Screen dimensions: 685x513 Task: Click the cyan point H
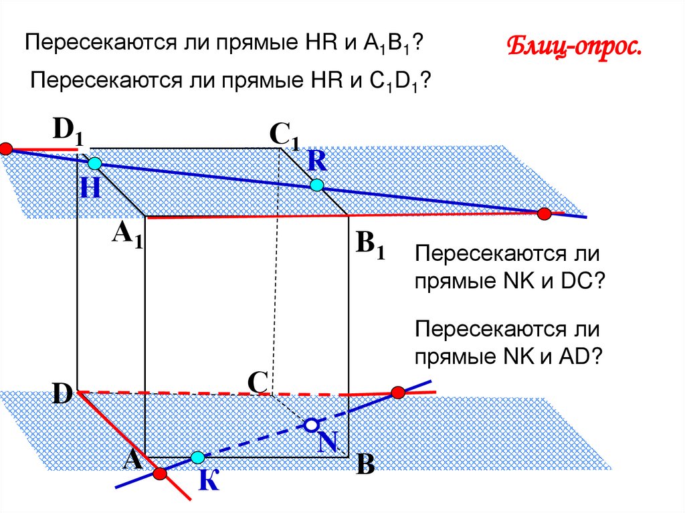tap(96, 163)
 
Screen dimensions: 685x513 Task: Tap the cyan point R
tap(316, 185)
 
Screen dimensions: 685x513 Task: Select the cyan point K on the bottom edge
tap(197, 458)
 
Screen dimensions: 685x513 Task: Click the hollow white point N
tap(311, 425)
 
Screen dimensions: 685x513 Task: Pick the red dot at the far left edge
tap(6, 148)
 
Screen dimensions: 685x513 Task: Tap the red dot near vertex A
tap(159, 474)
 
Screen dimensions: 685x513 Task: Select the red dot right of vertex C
tap(398, 392)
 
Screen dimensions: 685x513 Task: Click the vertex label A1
tap(128, 235)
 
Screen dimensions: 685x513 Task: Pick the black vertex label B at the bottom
tap(365, 465)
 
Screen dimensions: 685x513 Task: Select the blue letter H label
tap(90, 189)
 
